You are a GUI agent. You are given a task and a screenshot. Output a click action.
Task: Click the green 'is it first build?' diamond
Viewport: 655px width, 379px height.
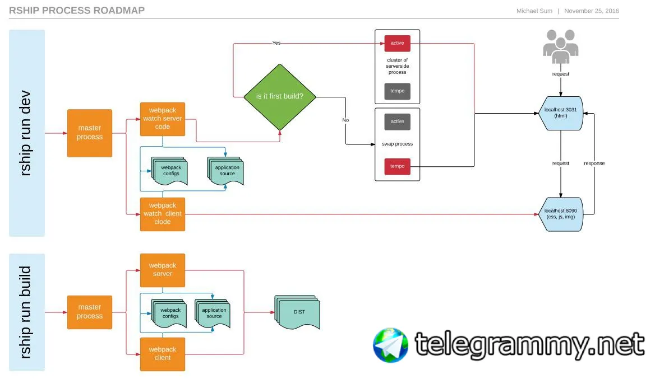pos(279,96)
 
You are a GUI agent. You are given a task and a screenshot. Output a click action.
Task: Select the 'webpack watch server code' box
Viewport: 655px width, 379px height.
pos(162,119)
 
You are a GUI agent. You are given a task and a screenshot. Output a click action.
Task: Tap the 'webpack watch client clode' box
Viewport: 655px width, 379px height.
pos(162,214)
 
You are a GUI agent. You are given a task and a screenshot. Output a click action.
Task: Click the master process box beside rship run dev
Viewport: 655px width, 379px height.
pos(90,133)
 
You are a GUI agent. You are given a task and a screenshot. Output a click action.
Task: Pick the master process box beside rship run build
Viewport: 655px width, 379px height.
pos(90,312)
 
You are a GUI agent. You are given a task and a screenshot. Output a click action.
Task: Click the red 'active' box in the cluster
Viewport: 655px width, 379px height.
pos(397,43)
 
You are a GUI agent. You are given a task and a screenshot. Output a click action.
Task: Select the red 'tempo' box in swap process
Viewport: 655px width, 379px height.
pos(397,166)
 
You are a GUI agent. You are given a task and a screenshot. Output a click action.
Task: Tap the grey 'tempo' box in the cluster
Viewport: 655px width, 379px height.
pos(397,91)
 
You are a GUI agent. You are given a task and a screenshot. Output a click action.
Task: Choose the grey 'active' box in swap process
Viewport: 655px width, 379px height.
pos(397,121)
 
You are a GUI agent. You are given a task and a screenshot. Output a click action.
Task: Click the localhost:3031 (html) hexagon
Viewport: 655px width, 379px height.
pos(561,114)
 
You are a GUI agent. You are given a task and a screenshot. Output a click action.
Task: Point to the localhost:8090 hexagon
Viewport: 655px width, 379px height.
pos(561,214)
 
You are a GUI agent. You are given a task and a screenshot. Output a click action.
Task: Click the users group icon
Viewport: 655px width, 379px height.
pos(560,46)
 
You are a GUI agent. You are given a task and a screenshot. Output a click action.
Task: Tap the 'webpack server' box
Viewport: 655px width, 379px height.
pos(162,270)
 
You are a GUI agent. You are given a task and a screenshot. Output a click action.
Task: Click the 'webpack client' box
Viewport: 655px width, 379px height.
pos(162,354)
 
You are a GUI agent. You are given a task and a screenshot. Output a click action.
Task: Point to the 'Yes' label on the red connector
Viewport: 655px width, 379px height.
pos(276,43)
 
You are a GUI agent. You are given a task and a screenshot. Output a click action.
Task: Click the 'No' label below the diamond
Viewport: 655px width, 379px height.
pos(345,120)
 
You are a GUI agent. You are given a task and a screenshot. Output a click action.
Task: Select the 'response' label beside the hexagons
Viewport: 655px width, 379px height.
pos(594,163)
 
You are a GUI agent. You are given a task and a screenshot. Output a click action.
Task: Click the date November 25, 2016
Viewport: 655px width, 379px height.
pos(591,11)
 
